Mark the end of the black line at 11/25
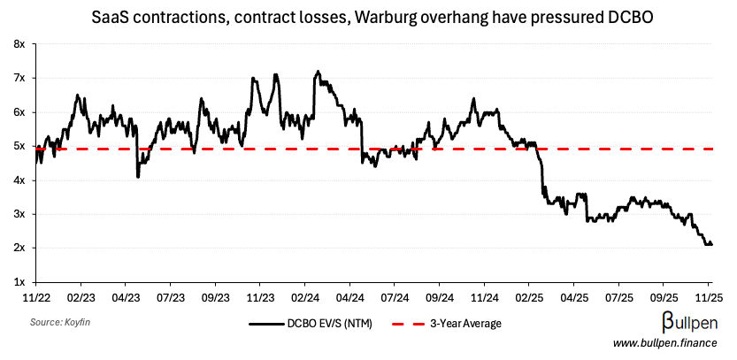[711, 244]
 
